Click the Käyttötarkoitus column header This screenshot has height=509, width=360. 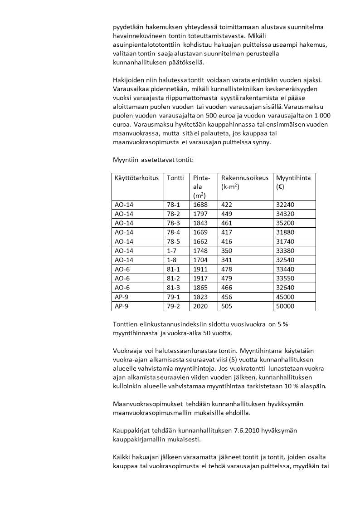[x=137, y=178]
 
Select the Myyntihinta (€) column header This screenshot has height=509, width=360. [x=293, y=182]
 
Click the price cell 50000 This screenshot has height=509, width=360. [x=285, y=306]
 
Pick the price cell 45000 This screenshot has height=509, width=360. [x=285, y=298]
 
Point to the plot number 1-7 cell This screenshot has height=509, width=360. [x=172, y=251]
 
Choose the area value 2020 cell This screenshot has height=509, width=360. [x=200, y=306]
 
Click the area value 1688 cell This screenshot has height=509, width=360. [x=200, y=205]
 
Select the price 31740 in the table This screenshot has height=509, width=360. [x=285, y=241]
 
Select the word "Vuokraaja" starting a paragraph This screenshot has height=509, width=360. [x=128, y=351]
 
